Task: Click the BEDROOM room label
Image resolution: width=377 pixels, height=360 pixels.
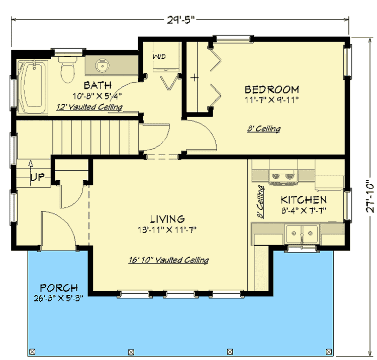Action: point(271,89)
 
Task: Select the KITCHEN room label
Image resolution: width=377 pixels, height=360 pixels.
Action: point(304,199)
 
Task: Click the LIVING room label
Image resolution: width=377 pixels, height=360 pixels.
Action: point(167,219)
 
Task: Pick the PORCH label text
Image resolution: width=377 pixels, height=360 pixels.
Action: point(60,288)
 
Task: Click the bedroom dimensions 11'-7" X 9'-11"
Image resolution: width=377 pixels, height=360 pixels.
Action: point(272,99)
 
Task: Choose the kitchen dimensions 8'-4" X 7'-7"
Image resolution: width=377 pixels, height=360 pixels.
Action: point(304,210)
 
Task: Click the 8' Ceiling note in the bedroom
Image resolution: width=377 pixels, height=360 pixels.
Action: point(264,129)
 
